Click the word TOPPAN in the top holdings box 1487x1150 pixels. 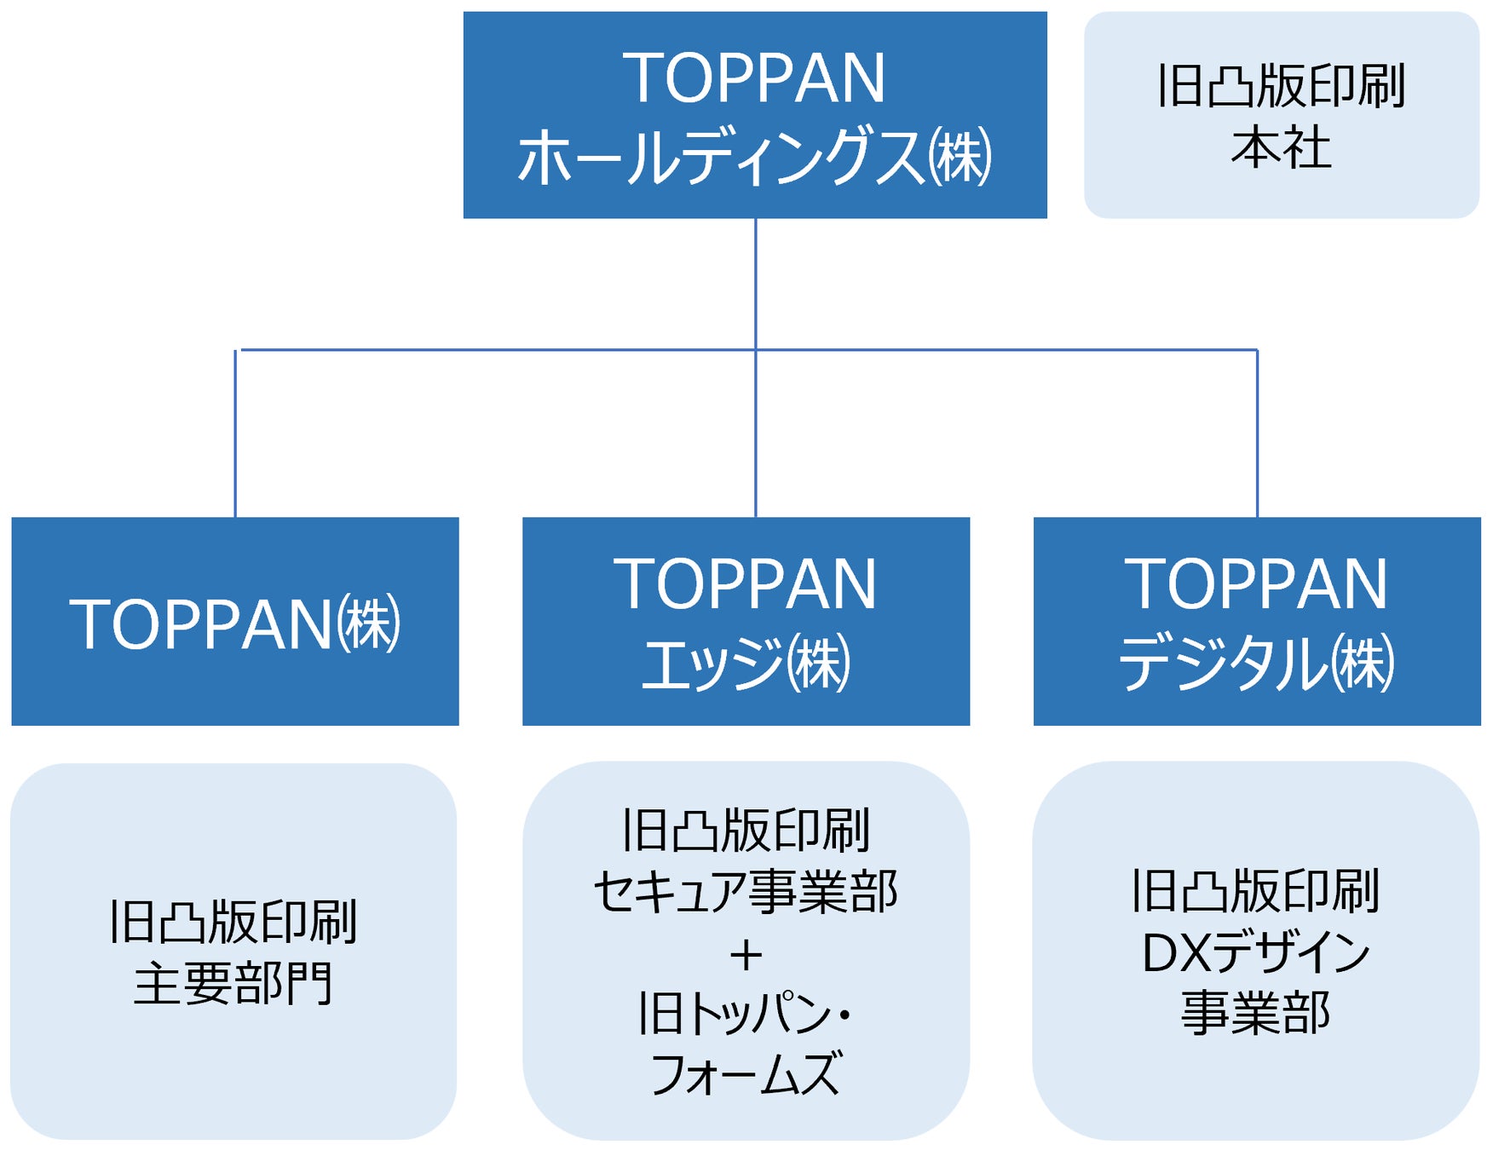pyautogui.click(x=754, y=78)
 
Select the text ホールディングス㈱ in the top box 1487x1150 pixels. pyautogui.click(x=754, y=157)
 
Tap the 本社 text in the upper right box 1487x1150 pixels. pyautogui.click(x=1280, y=148)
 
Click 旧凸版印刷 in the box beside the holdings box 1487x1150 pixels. pyautogui.click(x=1280, y=86)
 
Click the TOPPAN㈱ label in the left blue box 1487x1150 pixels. pyautogui.click(x=234, y=624)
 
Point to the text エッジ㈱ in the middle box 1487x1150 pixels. pyautogui.click(x=746, y=664)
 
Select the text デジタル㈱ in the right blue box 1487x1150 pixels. pyautogui.click(x=1256, y=664)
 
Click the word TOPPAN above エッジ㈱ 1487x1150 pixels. pyautogui.click(x=746, y=584)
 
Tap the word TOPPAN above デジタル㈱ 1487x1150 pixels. pyautogui.click(x=1256, y=584)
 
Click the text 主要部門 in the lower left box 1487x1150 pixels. pyautogui.click(x=233, y=984)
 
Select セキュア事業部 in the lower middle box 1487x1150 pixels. pyautogui.click(x=746, y=892)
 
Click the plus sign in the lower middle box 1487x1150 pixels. pyautogui.click(x=746, y=956)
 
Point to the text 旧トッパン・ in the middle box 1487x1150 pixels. pyautogui.click(x=746, y=1014)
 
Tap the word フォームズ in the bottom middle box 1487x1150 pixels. pyautogui.click(x=746, y=1074)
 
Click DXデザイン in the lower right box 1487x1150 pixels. pyautogui.click(x=1255, y=952)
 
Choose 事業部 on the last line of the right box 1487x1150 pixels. pyautogui.click(x=1255, y=1014)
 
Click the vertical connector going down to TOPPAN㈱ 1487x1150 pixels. pyautogui.click(x=235, y=434)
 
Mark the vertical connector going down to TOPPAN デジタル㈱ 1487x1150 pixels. pyautogui.click(x=1257, y=434)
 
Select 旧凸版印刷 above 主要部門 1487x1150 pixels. pyautogui.click(x=233, y=922)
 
